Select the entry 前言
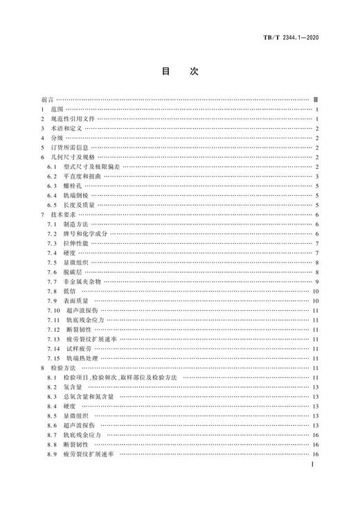(48, 100)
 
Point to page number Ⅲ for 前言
(315, 100)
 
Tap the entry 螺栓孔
(73, 187)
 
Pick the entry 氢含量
(73, 386)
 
